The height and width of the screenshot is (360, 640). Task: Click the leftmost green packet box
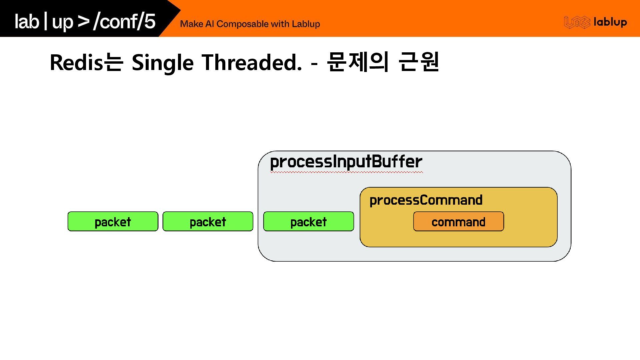click(113, 221)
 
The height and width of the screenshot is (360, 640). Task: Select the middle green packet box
click(208, 221)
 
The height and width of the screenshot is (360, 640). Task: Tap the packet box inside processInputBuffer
click(308, 221)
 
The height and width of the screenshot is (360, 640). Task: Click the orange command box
click(458, 221)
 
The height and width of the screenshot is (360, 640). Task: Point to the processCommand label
click(426, 200)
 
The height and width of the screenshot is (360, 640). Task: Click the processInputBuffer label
click(346, 162)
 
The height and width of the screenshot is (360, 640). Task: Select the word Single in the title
click(162, 63)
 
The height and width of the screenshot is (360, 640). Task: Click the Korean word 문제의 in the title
click(358, 62)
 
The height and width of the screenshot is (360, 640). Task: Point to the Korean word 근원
click(419, 62)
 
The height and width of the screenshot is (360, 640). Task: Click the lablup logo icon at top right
click(577, 22)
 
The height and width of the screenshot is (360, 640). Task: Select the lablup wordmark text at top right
click(610, 22)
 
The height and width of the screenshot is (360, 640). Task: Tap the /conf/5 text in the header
click(124, 21)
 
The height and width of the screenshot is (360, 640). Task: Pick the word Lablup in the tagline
click(306, 24)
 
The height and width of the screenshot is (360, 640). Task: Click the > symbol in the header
click(83, 21)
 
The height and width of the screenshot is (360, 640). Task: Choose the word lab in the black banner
click(27, 21)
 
